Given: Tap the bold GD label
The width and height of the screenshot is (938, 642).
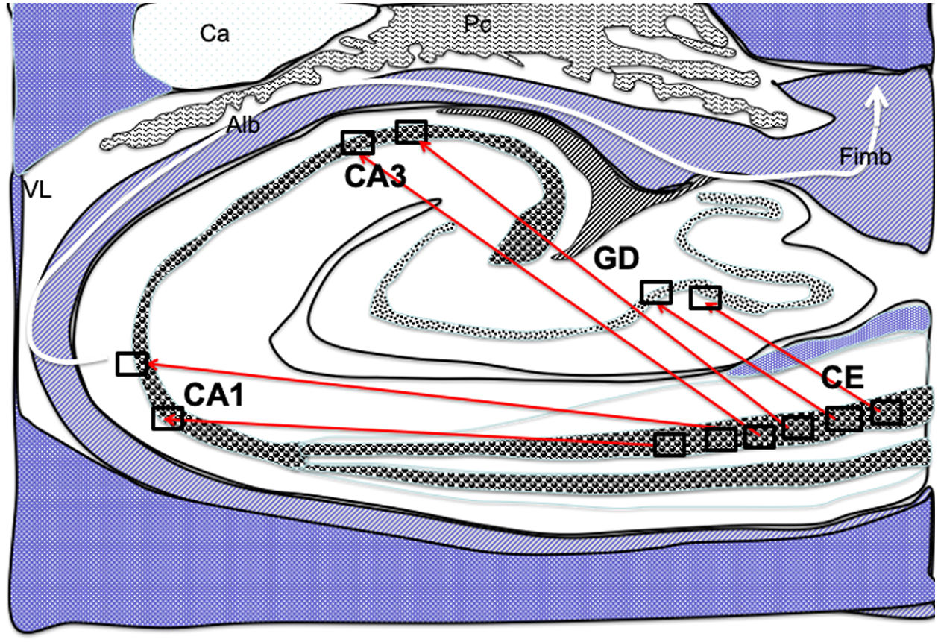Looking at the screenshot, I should (x=617, y=260).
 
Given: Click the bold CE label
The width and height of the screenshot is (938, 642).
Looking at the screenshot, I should (x=843, y=378).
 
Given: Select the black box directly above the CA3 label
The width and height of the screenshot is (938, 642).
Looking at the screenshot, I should (x=358, y=142).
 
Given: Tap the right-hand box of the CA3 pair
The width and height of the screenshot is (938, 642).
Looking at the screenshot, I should (x=411, y=131).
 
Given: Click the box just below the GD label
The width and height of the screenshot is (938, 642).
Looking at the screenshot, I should (x=656, y=292).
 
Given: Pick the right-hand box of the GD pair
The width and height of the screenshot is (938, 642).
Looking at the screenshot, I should (x=705, y=298).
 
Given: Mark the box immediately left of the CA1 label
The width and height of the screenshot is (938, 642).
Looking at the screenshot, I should (x=168, y=418).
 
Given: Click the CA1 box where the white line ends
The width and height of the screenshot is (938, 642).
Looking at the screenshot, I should (x=131, y=364).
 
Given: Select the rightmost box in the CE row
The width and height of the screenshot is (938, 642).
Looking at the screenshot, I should (x=887, y=412).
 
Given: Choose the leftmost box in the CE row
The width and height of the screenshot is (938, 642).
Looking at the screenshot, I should (x=669, y=444).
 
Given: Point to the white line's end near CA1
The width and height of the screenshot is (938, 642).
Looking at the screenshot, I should (x=104, y=363).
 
